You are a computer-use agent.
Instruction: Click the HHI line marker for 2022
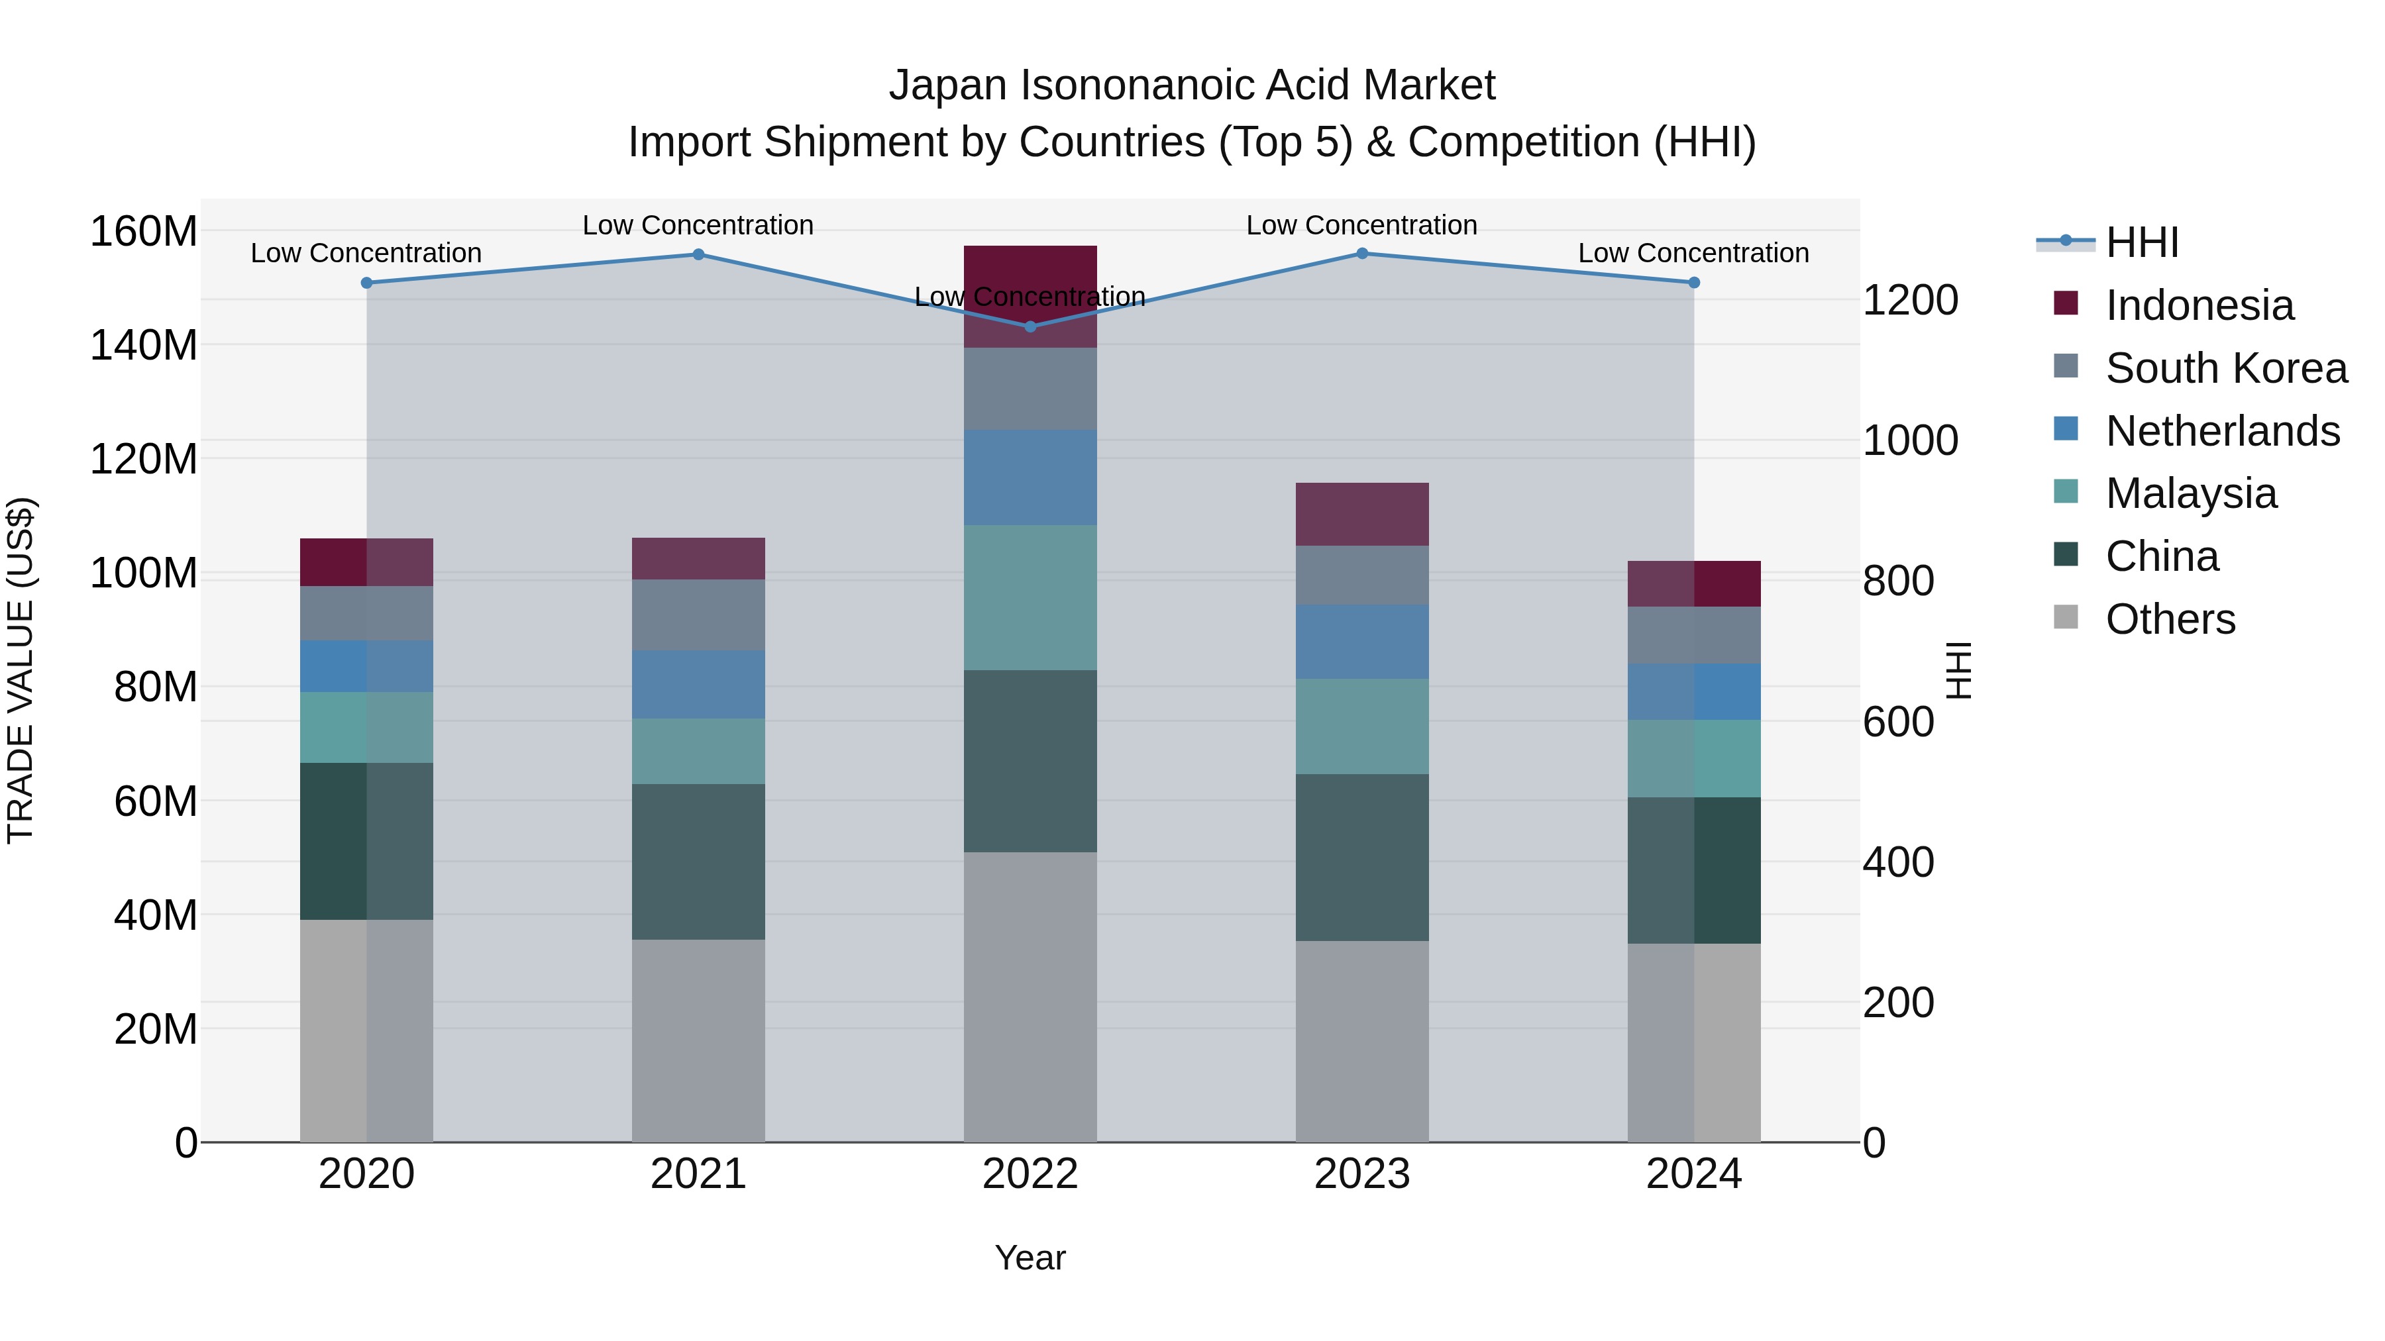point(1030,326)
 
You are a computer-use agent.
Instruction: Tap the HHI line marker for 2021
point(698,254)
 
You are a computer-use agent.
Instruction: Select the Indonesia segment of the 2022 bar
point(1030,296)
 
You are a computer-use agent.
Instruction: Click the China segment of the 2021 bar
point(698,862)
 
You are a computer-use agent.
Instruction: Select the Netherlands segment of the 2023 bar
point(1362,641)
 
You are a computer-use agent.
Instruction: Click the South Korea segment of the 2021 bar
point(698,615)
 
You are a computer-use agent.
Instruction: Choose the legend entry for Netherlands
point(2222,431)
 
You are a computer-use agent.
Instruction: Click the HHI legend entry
point(2141,242)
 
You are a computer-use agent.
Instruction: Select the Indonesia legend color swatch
point(2066,303)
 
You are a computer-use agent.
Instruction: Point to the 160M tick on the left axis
point(144,231)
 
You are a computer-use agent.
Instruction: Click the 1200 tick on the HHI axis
point(1909,301)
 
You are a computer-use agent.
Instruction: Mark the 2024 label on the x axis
point(1693,1174)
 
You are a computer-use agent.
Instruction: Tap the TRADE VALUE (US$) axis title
point(21,670)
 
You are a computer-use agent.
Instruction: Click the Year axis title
point(1030,1258)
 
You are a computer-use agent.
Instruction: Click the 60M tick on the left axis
point(156,801)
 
